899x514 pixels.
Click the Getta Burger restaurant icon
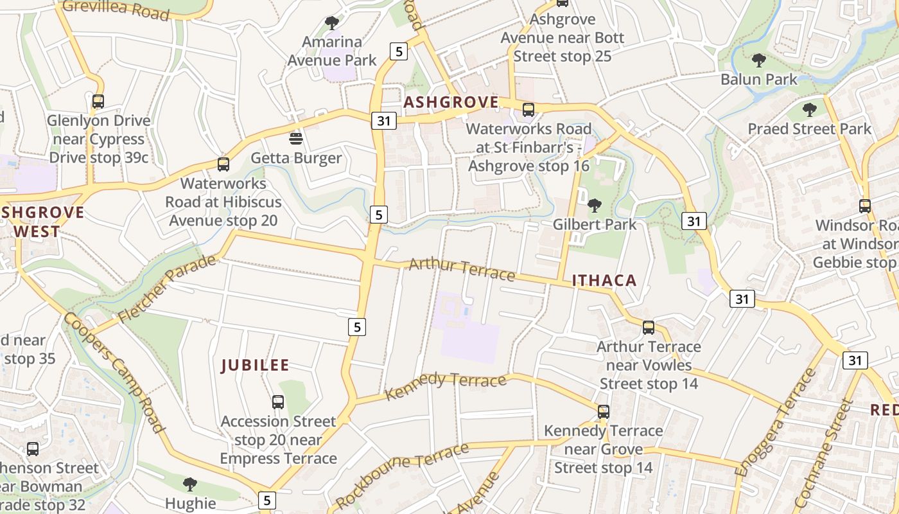pyautogui.click(x=295, y=138)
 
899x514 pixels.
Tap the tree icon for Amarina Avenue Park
pyautogui.click(x=331, y=23)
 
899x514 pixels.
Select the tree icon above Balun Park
pyautogui.click(x=758, y=60)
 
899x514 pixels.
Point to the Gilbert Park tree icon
pyautogui.click(x=595, y=206)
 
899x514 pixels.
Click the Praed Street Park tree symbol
pyautogui.click(x=809, y=109)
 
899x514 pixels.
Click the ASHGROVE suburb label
pyautogui.click(x=451, y=103)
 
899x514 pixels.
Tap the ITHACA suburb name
pyautogui.click(x=604, y=280)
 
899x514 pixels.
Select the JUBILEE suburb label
pyautogui.click(x=255, y=366)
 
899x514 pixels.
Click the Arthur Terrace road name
pyautogui.click(x=462, y=269)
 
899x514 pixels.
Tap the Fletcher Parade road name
pyautogui.click(x=168, y=290)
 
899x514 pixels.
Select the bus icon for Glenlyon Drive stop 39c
pyautogui.click(x=98, y=101)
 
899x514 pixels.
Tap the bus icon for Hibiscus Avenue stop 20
pyautogui.click(x=223, y=164)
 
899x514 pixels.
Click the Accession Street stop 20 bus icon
pyautogui.click(x=277, y=402)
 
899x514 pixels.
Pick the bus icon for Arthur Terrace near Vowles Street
pyautogui.click(x=649, y=328)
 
